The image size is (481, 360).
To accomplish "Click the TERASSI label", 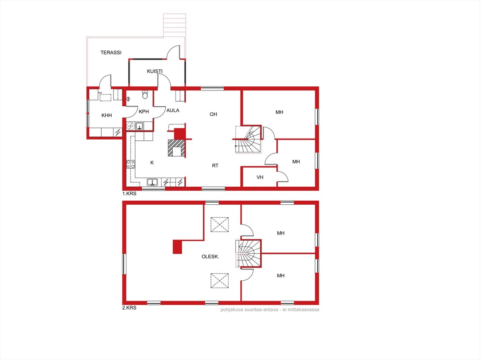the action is tap(111, 53).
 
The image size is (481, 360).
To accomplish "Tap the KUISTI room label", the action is tap(155, 71).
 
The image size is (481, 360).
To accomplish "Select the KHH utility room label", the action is tap(107, 115).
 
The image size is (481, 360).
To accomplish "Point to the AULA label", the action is tap(173, 111).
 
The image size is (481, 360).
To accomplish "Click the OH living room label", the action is tap(213, 114).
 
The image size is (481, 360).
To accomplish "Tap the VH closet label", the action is tap(260, 177).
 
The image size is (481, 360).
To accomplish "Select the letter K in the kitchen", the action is tap(152, 162).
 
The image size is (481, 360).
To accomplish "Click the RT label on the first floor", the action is tap(215, 166).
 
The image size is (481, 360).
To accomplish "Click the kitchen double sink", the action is tap(152, 182).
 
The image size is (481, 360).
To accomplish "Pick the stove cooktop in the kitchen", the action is tap(130, 164).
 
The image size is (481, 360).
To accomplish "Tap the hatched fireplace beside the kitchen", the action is tap(176, 148).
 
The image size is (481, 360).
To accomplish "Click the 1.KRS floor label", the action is tap(129, 193).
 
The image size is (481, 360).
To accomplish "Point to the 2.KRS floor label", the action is tap(129, 307).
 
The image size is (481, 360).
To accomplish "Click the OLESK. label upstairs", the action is tap(210, 256).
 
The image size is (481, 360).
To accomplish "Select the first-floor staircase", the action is tap(248, 139).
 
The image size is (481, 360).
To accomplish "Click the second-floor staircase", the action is tap(248, 253).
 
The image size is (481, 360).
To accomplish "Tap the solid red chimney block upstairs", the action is tap(177, 247).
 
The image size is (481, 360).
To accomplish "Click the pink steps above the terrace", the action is tap(175, 25).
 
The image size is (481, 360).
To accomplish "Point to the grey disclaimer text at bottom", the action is tap(270, 310).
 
